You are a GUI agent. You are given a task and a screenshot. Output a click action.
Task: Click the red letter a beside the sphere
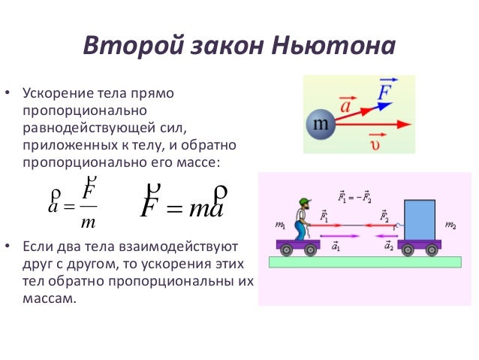(x=346, y=107)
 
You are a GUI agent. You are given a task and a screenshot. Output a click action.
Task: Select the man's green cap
(x=303, y=201)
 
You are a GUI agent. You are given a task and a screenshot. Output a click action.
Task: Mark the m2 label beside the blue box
(x=450, y=225)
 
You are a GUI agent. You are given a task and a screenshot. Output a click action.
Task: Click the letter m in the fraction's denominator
(x=89, y=223)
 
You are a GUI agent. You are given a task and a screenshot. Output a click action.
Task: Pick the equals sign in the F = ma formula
(x=173, y=207)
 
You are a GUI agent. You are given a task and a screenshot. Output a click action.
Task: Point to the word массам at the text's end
(x=50, y=298)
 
